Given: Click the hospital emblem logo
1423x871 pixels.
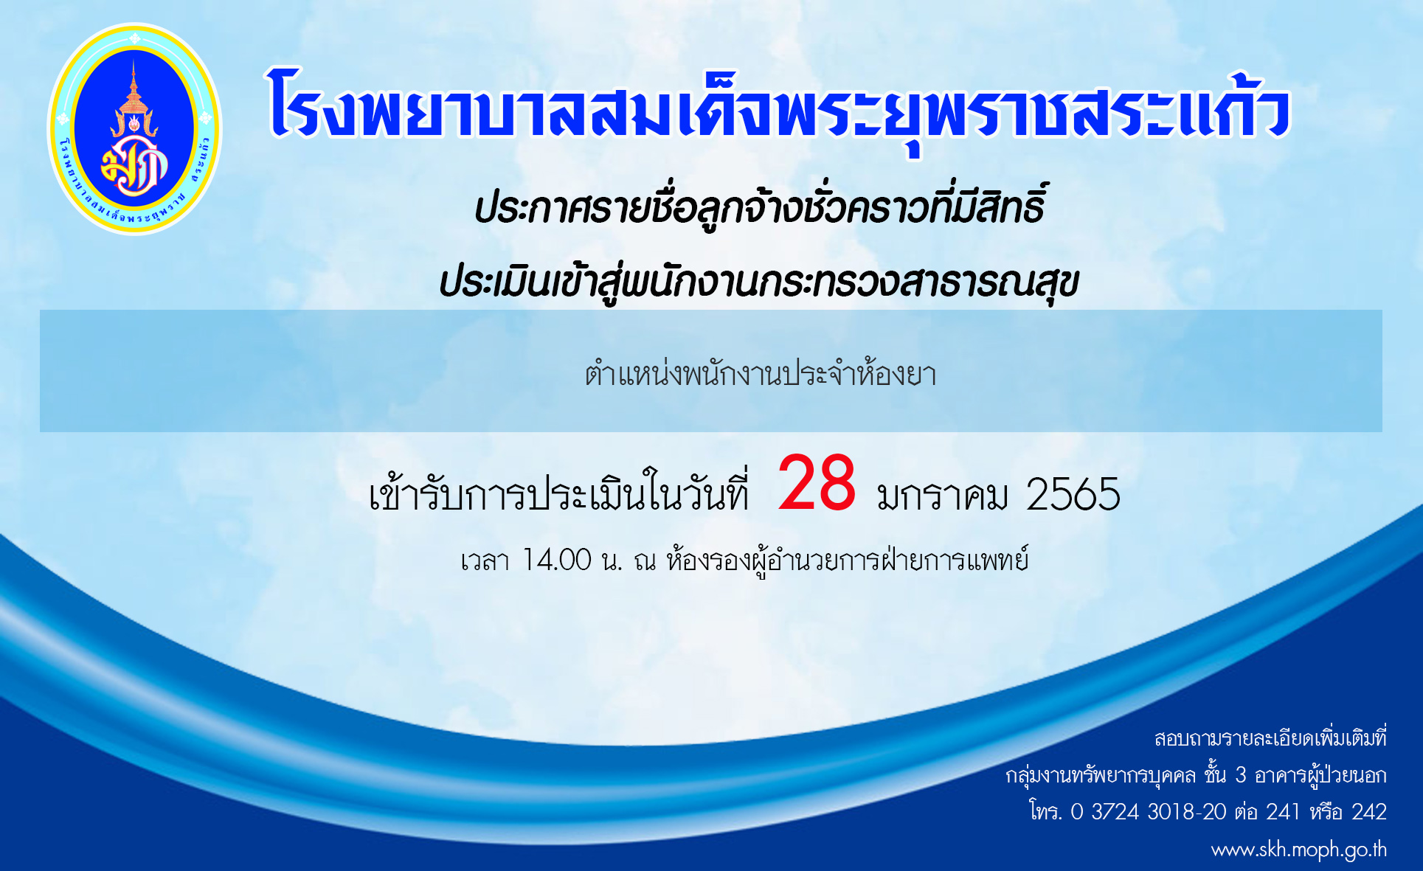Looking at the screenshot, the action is pyautogui.click(x=134, y=129).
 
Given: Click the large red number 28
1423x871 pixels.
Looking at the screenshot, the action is pyautogui.click(x=817, y=483).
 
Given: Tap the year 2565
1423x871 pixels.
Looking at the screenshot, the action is pyautogui.click(x=1073, y=494).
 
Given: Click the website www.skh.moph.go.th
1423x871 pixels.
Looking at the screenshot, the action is pyautogui.click(x=1299, y=850).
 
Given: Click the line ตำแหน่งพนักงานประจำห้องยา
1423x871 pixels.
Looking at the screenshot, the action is pyautogui.click(x=761, y=375).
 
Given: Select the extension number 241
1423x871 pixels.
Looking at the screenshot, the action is pyautogui.click(x=1283, y=812).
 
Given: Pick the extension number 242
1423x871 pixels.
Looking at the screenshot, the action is pyautogui.click(x=1369, y=812).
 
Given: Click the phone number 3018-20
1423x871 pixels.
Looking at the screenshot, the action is pyautogui.click(x=1187, y=812).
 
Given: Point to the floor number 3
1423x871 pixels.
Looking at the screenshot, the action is pyautogui.click(x=1241, y=775).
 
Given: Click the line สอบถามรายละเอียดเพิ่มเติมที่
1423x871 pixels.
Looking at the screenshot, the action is pyautogui.click(x=1270, y=738).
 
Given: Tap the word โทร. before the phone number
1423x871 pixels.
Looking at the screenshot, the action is pyautogui.click(x=1045, y=811).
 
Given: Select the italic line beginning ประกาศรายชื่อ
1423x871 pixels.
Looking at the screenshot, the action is pyautogui.click(x=760, y=207).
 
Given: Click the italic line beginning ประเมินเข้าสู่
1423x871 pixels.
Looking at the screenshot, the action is pyautogui.click(x=759, y=282).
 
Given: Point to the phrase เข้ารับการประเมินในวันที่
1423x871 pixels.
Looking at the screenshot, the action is pyautogui.click(x=559, y=491).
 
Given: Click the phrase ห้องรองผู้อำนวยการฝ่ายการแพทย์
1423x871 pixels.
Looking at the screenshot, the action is pyautogui.click(x=848, y=561).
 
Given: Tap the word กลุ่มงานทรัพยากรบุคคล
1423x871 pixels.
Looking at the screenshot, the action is pyautogui.click(x=1101, y=776).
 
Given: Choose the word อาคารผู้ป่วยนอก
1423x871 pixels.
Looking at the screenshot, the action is pyautogui.click(x=1320, y=775).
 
